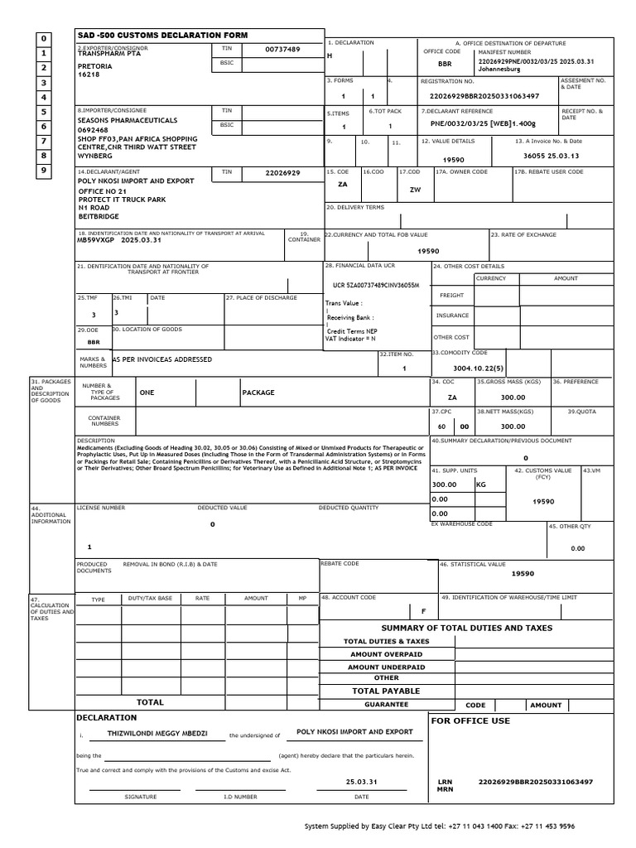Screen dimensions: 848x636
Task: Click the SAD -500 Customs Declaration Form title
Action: (x=161, y=36)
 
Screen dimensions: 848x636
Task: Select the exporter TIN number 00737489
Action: (x=282, y=50)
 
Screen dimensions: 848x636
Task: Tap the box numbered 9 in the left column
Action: (x=45, y=171)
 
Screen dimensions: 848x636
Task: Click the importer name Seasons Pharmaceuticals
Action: (x=127, y=120)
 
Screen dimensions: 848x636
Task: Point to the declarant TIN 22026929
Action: (x=282, y=173)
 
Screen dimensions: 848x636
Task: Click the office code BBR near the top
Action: (x=445, y=63)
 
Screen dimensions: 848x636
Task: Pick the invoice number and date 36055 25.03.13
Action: (x=552, y=156)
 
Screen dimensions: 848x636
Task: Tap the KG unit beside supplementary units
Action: (x=481, y=484)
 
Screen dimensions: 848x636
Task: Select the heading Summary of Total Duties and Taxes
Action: (x=466, y=628)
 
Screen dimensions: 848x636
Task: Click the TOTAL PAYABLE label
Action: (x=386, y=691)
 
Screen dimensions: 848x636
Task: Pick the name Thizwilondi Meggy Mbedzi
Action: (x=156, y=734)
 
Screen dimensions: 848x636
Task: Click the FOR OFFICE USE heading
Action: (x=471, y=720)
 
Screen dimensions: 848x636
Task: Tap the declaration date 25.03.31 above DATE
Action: (x=361, y=782)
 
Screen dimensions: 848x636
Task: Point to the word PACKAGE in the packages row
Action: (x=258, y=393)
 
